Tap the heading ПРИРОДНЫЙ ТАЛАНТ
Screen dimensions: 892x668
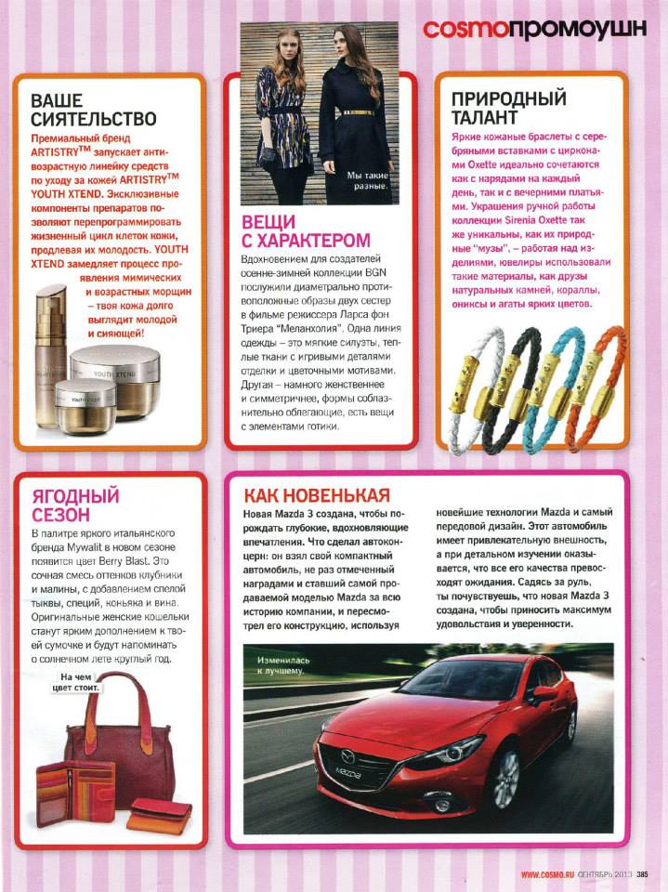coord(508,109)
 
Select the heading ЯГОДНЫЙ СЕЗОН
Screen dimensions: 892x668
coord(74,503)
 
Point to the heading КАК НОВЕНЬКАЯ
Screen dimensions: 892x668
coord(316,495)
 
